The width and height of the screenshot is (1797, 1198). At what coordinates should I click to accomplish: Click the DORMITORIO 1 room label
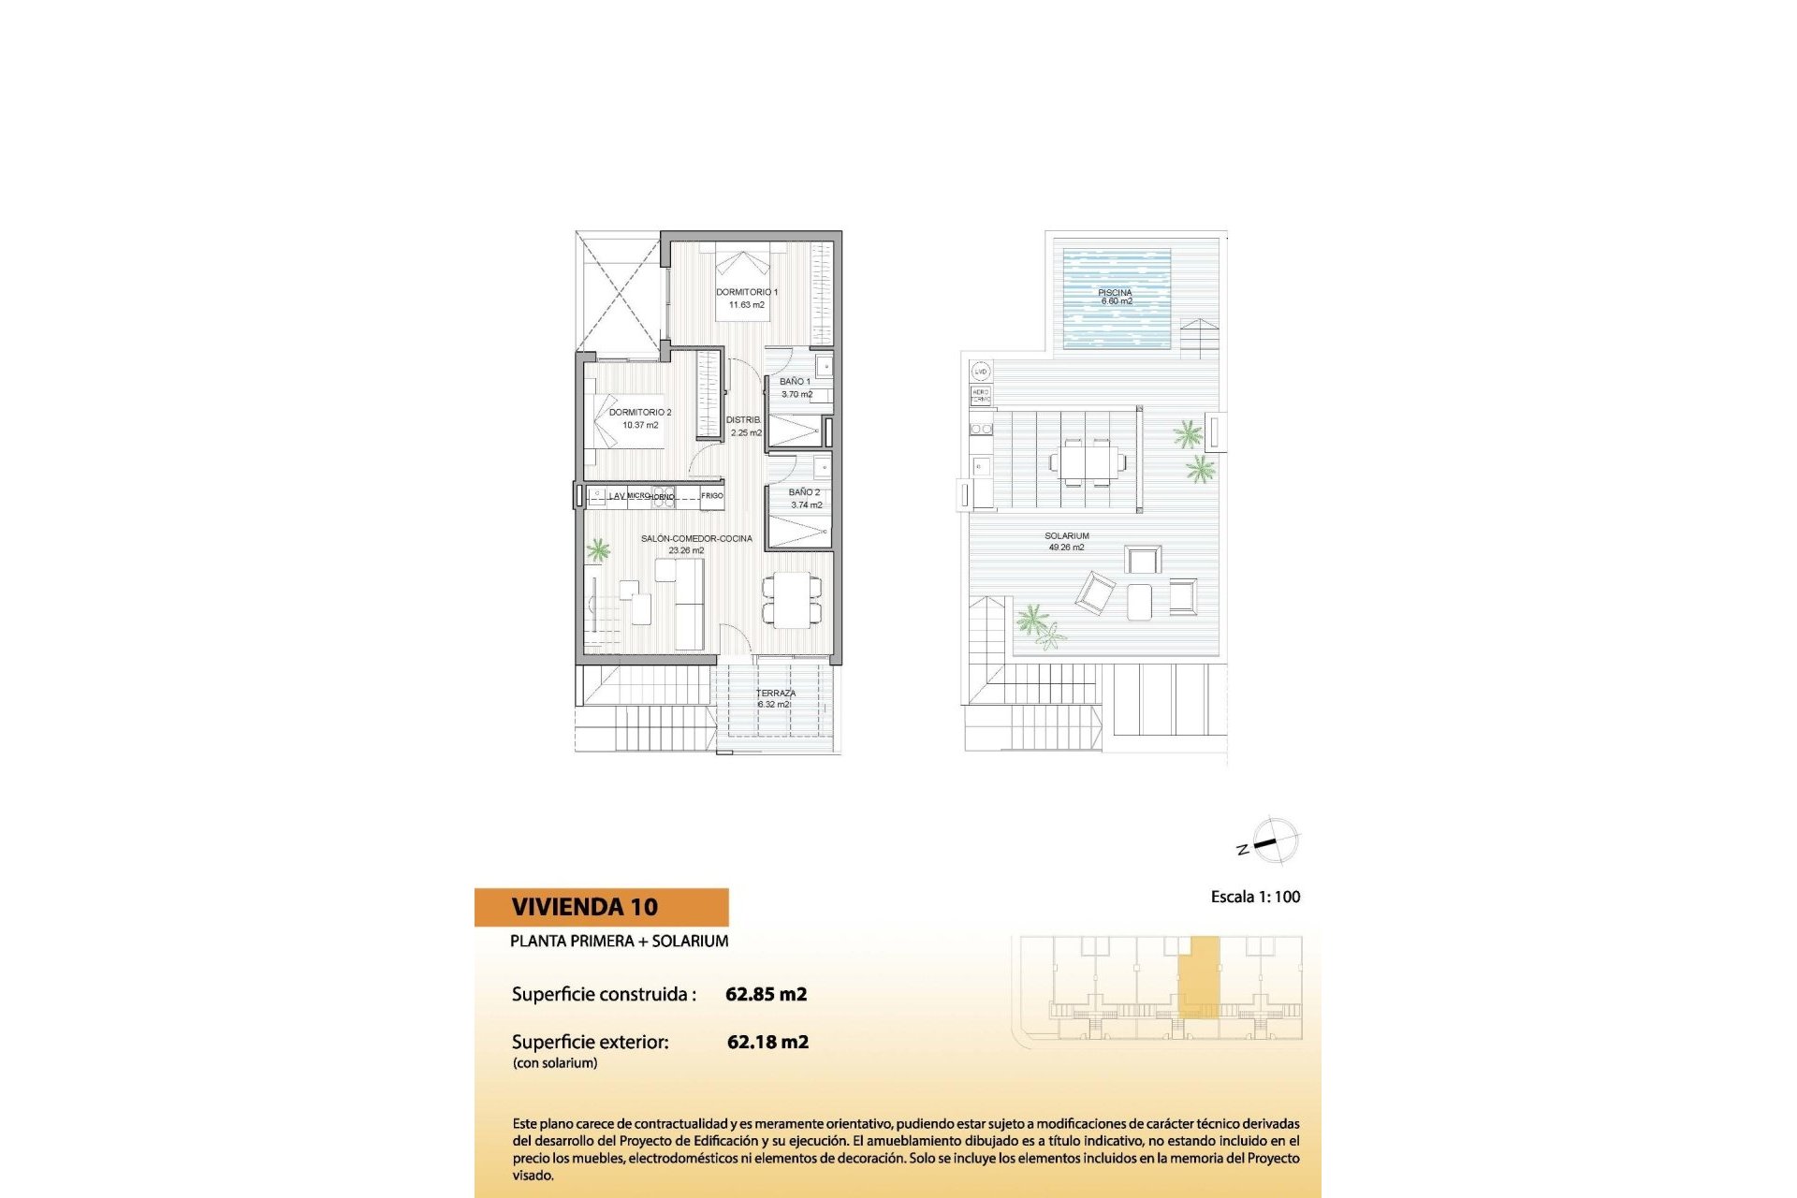[x=746, y=292]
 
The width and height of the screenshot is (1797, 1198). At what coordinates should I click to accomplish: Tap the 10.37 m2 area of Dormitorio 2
[x=640, y=425]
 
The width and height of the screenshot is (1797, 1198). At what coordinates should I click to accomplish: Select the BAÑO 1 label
[x=795, y=382]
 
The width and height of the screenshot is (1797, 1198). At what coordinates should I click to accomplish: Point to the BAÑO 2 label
[x=804, y=492]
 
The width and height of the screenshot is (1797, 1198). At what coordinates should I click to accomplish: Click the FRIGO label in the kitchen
[x=712, y=495]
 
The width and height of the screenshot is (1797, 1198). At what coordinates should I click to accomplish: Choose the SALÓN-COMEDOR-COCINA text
[x=696, y=538]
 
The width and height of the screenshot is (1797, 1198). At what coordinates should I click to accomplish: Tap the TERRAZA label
[x=775, y=694]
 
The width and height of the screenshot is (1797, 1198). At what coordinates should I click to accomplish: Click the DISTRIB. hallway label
[x=743, y=420]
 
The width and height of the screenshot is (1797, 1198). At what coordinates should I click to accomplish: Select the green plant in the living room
[x=597, y=549]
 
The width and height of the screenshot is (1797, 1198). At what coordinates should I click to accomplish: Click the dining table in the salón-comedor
[x=792, y=600]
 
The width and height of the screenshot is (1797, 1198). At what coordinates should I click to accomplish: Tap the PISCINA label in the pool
[x=1115, y=293]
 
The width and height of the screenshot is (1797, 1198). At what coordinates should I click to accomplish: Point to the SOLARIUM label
[x=1066, y=536]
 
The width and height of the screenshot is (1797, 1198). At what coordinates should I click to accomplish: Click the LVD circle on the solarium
[x=980, y=372]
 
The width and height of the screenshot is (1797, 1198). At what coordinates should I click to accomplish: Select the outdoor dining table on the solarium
[x=1087, y=461]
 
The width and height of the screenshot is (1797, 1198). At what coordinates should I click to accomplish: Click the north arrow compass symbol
[x=1273, y=840]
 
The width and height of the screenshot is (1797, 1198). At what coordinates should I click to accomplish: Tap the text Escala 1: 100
[x=1255, y=897]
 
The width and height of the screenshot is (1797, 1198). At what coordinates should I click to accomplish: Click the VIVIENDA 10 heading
[x=584, y=907]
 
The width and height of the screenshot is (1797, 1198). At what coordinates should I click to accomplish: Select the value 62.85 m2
[x=766, y=994]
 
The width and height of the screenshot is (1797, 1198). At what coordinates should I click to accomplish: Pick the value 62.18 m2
[x=767, y=1042]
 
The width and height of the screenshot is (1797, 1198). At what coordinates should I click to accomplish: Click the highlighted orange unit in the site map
[x=1199, y=975]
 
